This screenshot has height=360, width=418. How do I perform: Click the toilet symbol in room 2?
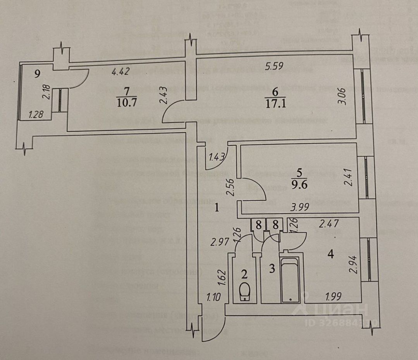[x=244, y=291]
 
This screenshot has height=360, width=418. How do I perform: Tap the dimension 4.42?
[x=120, y=71]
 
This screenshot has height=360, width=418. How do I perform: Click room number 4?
[x=330, y=254]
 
